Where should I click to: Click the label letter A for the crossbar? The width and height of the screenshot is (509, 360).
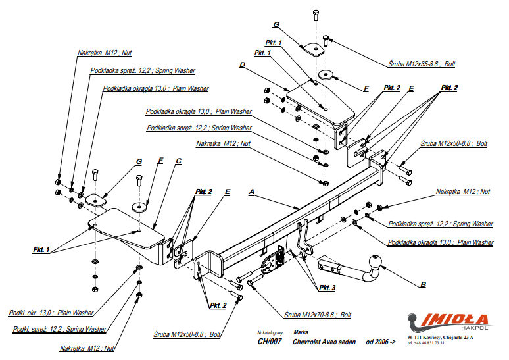(251, 192)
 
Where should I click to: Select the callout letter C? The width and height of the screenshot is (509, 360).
(179, 160)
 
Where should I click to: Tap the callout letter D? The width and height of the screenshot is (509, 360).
(242, 65)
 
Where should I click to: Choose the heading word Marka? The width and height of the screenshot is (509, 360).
(301, 332)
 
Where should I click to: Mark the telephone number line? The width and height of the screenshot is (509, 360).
(425, 343)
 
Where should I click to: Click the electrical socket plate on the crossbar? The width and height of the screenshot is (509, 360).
(272, 261)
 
